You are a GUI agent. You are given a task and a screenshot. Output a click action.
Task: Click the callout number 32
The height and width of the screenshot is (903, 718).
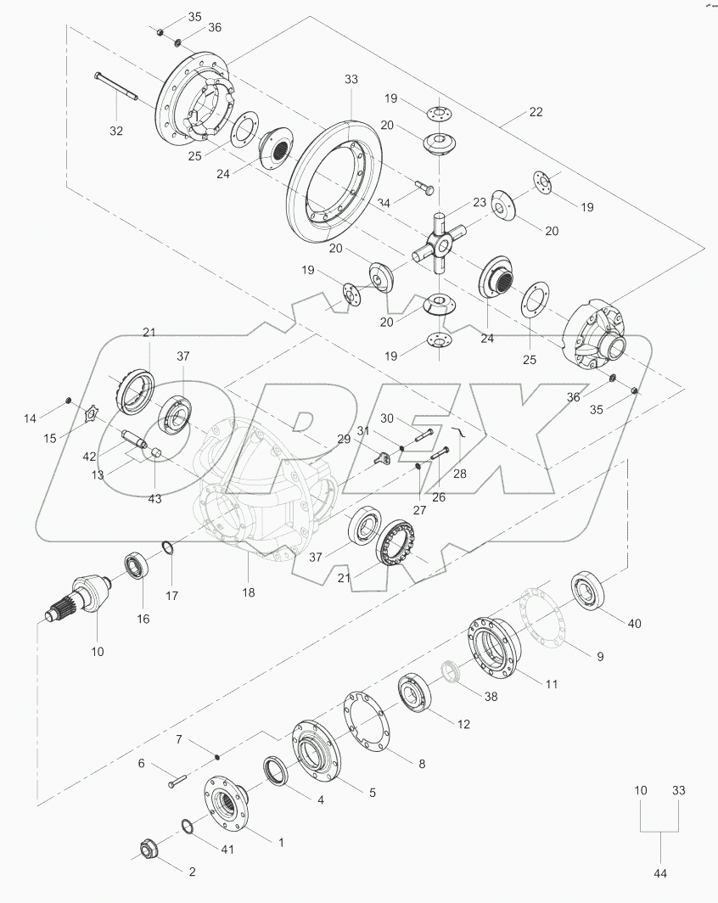click(116, 131)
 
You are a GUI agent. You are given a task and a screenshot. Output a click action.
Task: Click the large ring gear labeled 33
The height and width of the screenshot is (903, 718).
click(335, 182)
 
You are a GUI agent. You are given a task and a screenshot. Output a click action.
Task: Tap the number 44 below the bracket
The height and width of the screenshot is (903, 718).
click(660, 872)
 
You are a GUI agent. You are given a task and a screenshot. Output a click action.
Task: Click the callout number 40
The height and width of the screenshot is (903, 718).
click(635, 623)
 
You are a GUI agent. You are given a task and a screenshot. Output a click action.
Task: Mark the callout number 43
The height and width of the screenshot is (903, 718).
click(155, 498)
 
